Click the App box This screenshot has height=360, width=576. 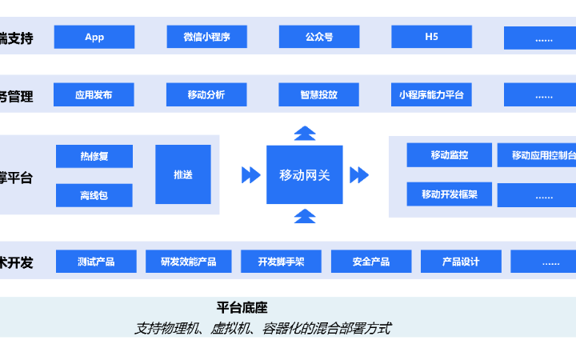click(94, 37)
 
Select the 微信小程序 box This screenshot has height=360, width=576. click(206, 37)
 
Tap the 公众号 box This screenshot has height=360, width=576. click(318, 37)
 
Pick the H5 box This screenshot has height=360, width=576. click(431, 37)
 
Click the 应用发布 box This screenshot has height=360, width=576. click(94, 94)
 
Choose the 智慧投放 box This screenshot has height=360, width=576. click(318, 94)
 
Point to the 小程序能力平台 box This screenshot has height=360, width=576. click(431, 94)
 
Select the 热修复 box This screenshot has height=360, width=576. click(94, 156)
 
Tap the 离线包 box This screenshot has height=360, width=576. click(94, 195)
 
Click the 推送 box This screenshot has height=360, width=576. click(183, 174)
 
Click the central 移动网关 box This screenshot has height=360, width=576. click(305, 174)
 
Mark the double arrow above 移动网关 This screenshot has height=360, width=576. click(305, 133)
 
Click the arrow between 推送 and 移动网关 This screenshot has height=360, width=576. click(250, 174)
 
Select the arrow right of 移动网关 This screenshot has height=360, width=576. click(359, 174)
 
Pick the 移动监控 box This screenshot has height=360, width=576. click(449, 154)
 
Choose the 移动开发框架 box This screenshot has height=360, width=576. click(449, 194)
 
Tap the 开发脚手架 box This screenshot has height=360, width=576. click(281, 262)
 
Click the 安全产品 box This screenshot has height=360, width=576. click(371, 262)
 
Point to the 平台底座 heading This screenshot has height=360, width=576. click(242, 307)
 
